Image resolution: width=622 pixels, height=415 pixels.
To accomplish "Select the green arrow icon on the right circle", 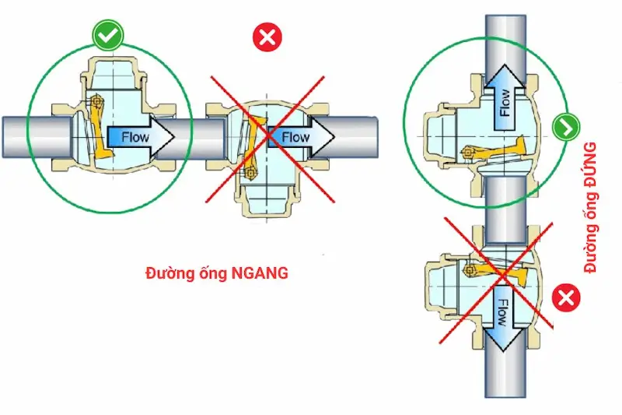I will click(x=564, y=126).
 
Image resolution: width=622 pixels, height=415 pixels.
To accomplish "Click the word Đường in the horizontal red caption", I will click(x=167, y=273).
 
